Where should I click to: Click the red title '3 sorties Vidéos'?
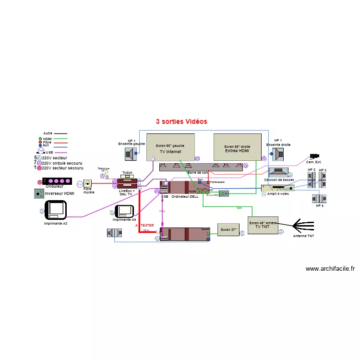click(x=181, y=121)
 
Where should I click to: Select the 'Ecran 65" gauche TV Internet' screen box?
click(x=170, y=147)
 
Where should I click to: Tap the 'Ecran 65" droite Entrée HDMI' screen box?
click(x=237, y=147)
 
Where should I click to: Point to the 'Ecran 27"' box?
click(x=228, y=230)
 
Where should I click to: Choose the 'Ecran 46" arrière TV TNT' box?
click(x=263, y=225)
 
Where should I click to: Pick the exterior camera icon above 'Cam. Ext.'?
click(x=315, y=156)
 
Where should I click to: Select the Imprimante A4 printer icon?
click(x=126, y=211)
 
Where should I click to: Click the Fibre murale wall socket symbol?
click(x=87, y=183)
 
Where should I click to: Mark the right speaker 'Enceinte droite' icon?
click(x=278, y=154)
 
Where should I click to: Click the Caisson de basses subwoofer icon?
click(x=278, y=172)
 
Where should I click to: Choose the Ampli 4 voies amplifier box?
click(x=277, y=188)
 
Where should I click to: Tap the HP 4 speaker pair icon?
click(x=320, y=198)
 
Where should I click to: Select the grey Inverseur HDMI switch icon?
click(x=39, y=193)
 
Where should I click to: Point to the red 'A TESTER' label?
click(x=144, y=225)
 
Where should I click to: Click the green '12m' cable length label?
click(x=239, y=208)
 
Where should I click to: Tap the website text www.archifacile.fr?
click(x=330, y=269)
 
